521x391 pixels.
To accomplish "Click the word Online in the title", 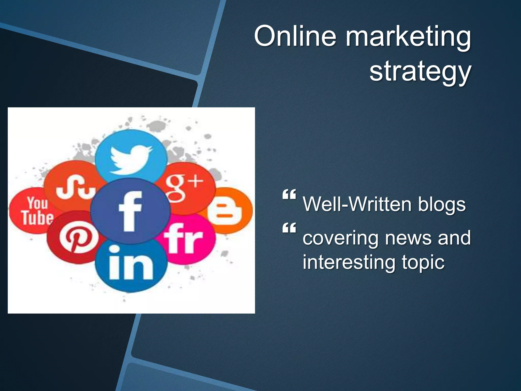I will click(295, 36).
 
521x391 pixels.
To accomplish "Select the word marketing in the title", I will click(408, 38).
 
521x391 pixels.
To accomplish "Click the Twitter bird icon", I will click(131, 159).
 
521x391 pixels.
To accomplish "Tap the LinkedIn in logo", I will click(131, 266).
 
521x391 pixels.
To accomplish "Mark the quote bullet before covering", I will click(289, 228).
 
